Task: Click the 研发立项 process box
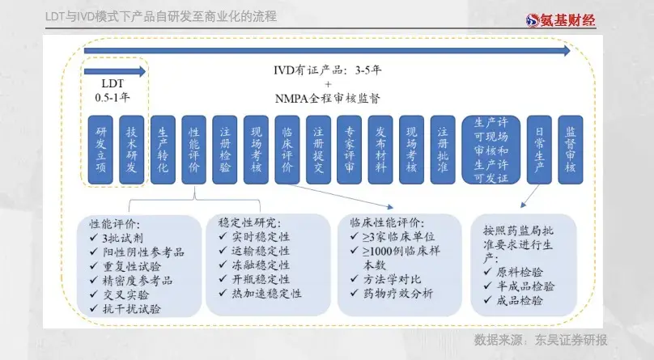tap(100, 150)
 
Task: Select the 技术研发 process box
tap(132, 150)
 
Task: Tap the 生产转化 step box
tap(163, 150)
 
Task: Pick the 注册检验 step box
tap(225, 150)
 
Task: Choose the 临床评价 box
tap(287, 150)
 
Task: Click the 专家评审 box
tap(350, 150)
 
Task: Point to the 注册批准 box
tap(443, 150)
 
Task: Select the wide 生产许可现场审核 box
tap(491, 150)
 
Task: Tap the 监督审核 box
tap(571, 150)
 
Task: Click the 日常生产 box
tap(540, 150)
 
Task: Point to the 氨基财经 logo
tap(560, 19)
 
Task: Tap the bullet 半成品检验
tap(526, 286)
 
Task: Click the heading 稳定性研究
tap(250, 221)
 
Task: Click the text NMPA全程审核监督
tap(328, 99)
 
